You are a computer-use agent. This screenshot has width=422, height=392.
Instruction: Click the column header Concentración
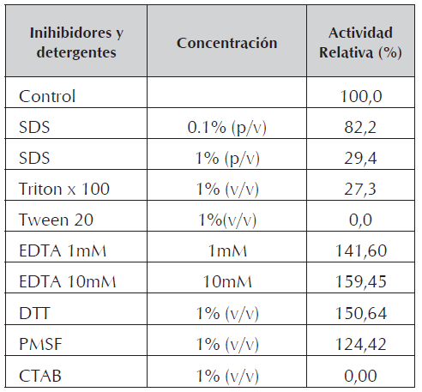[x=226, y=43]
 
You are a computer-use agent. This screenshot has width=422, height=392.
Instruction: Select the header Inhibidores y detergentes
[x=76, y=43]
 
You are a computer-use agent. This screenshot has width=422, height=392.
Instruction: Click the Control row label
[x=47, y=96]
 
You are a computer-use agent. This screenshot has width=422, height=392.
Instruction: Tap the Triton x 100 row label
[x=64, y=188]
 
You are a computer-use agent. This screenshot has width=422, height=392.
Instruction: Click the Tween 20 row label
[x=56, y=219]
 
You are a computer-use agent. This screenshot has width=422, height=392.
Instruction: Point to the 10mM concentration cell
[x=226, y=280]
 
